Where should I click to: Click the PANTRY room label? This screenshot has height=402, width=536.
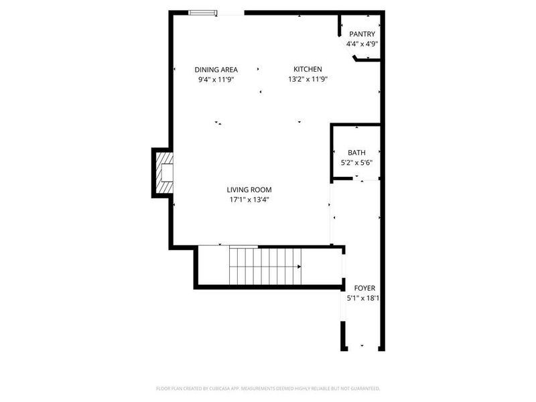(x=362, y=34)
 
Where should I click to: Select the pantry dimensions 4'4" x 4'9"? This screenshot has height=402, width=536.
(x=362, y=44)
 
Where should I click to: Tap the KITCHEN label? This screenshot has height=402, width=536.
(x=308, y=69)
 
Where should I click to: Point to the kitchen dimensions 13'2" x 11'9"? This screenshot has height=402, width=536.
(x=308, y=79)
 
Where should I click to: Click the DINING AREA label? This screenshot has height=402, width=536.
(x=216, y=69)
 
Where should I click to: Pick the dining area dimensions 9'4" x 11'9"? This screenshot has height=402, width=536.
(x=216, y=79)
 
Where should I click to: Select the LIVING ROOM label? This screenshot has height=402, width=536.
(x=249, y=190)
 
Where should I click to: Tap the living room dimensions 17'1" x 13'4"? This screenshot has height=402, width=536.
(x=249, y=199)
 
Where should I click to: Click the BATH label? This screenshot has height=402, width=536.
(x=356, y=153)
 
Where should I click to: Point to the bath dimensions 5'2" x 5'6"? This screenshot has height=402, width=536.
(x=356, y=162)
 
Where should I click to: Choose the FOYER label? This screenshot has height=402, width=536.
(x=364, y=288)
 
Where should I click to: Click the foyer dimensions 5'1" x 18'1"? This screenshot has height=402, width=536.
(x=362, y=298)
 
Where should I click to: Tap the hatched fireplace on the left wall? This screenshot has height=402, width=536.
(x=164, y=172)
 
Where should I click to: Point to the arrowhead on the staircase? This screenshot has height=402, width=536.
(x=299, y=266)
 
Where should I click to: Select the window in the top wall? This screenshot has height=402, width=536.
(x=202, y=12)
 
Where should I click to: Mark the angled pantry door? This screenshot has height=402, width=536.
(x=348, y=51)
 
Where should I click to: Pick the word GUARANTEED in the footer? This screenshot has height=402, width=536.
(x=364, y=388)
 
